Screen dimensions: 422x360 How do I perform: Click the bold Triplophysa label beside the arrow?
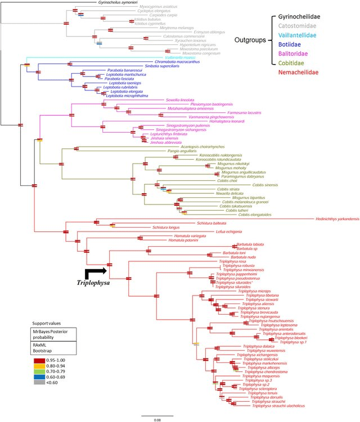pyautogui.click(x=93, y=283)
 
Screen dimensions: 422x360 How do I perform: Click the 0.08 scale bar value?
pyautogui.click(x=158, y=419)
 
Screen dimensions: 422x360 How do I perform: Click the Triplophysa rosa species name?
pyautogui.click(x=232, y=261)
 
